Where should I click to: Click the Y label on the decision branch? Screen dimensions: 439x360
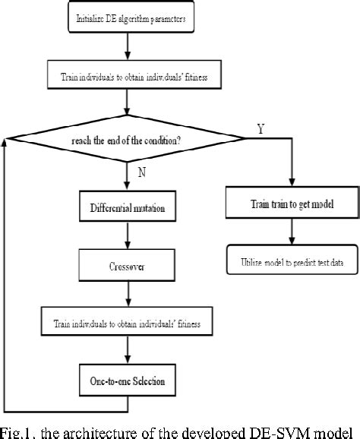261,130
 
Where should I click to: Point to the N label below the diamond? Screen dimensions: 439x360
141,173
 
